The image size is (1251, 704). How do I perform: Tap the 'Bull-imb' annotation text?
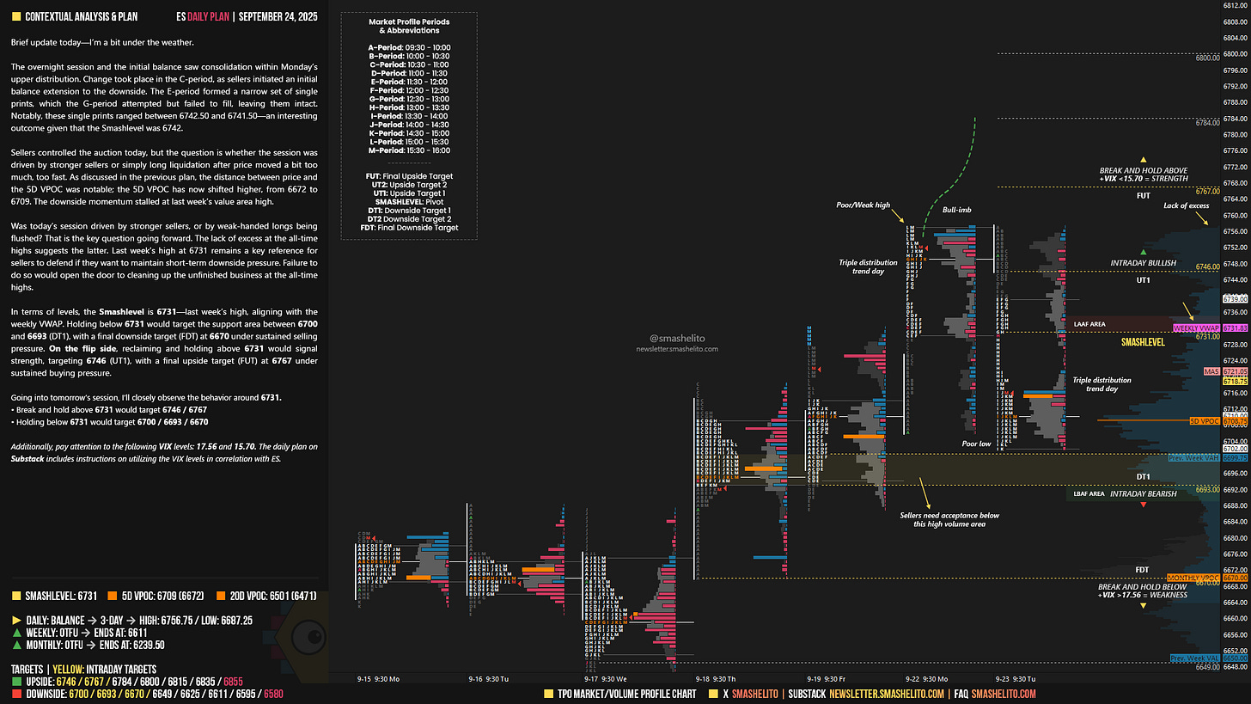pos(956,210)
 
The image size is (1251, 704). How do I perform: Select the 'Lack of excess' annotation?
pos(1187,205)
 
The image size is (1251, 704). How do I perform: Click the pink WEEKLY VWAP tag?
pos(1197,328)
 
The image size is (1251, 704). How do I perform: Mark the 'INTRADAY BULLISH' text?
pos(1143,263)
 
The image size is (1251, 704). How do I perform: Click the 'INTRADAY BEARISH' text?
pos(1143,494)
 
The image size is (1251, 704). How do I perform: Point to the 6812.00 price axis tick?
pos(1235,5)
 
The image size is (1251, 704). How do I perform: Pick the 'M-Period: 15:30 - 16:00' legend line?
pos(402,150)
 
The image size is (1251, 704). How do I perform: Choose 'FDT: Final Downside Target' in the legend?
pos(402,228)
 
